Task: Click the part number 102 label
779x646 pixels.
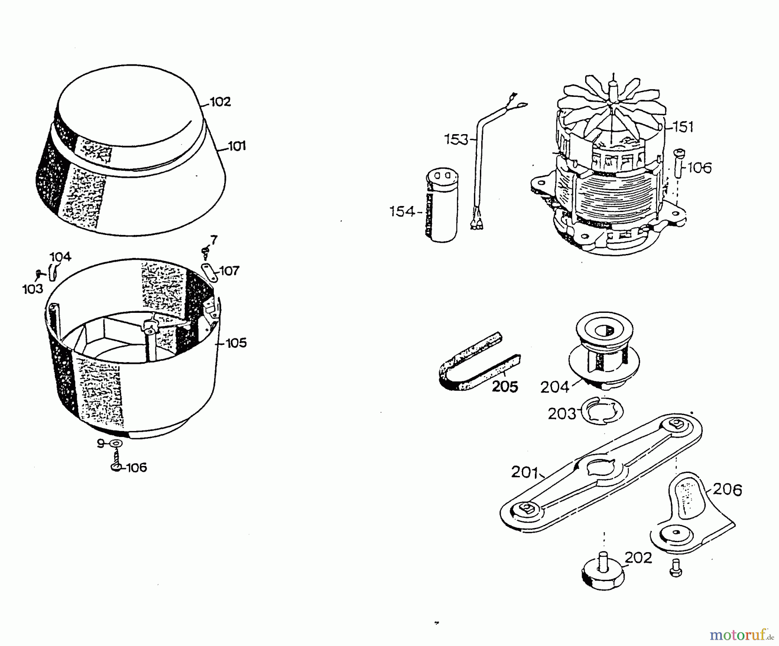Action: (220, 102)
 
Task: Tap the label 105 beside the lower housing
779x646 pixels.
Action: (236, 343)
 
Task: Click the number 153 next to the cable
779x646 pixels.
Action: (456, 139)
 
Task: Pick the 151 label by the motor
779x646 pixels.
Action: (683, 127)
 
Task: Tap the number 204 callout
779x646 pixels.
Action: (554, 387)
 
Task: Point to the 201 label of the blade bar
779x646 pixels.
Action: (524, 472)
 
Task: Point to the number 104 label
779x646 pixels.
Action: (61, 257)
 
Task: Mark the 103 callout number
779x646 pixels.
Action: (33, 289)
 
